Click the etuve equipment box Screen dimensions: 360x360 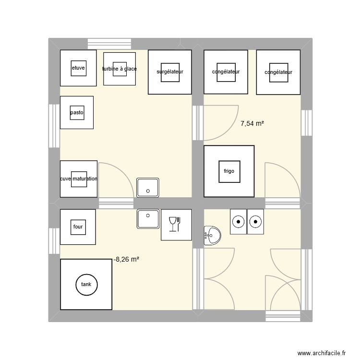point(78,68)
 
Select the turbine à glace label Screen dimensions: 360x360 point(120,69)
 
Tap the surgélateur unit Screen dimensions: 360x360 point(170,72)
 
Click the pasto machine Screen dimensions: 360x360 point(77,113)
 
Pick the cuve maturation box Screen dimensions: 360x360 point(79,179)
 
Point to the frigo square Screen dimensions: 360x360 point(229,171)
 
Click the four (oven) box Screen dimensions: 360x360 point(78,226)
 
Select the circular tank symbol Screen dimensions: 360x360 point(86,284)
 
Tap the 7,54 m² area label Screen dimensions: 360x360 point(252,123)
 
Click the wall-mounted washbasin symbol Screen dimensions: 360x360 point(212,235)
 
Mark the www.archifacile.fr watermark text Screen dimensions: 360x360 point(321,353)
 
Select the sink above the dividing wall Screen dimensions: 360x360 point(148,187)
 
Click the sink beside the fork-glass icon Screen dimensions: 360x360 point(148,218)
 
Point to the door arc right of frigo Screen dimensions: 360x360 point(282,180)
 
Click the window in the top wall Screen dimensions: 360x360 point(108,44)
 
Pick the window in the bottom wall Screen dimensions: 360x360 point(283,316)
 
